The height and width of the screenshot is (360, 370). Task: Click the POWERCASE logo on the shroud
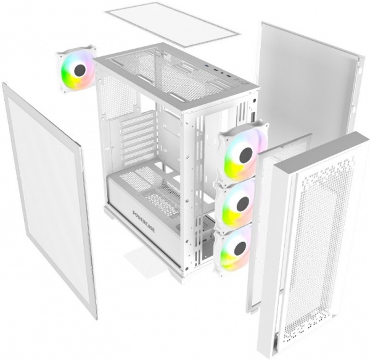[x=144, y=221]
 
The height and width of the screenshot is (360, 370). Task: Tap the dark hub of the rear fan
[x=80, y=70]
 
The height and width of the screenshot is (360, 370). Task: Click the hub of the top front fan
[x=246, y=156]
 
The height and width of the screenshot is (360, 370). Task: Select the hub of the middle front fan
[x=243, y=203]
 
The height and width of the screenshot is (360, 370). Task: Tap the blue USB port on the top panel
[x=208, y=66]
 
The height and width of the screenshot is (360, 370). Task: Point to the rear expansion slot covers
[x=138, y=136]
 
